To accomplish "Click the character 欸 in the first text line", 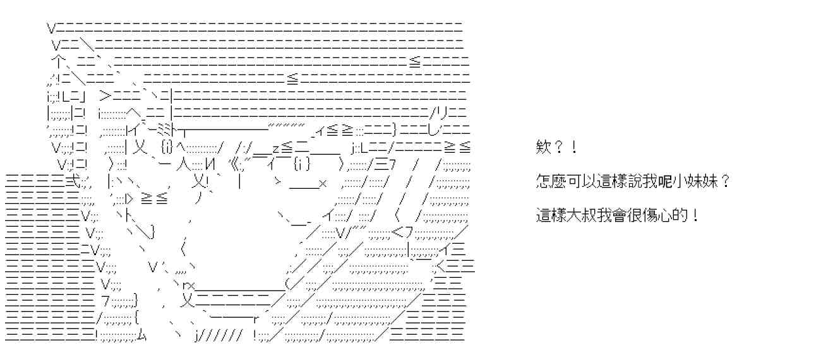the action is (x=541, y=149).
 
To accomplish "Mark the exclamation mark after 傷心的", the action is (x=695, y=216).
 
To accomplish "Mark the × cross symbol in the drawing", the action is (x=322, y=184).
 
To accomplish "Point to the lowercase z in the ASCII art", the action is (x=276, y=148).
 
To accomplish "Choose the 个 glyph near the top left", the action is (x=57, y=63).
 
